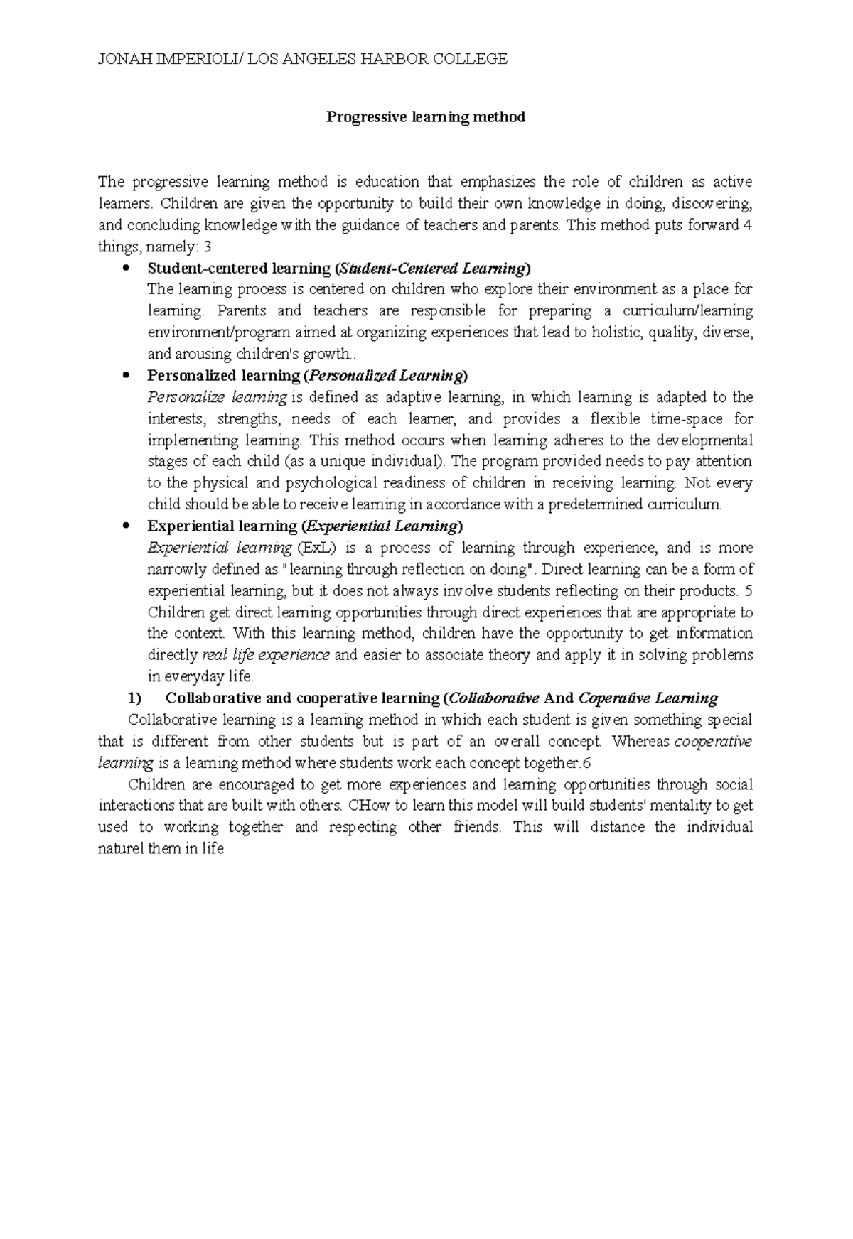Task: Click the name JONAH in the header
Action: [121, 59]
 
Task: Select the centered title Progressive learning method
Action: [425, 117]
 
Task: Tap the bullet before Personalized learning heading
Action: [127, 376]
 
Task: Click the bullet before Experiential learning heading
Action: [127, 526]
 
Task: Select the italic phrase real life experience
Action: [266, 655]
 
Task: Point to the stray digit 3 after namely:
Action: [208, 247]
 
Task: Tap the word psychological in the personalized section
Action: [313, 483]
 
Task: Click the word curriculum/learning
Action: [687, 311]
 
